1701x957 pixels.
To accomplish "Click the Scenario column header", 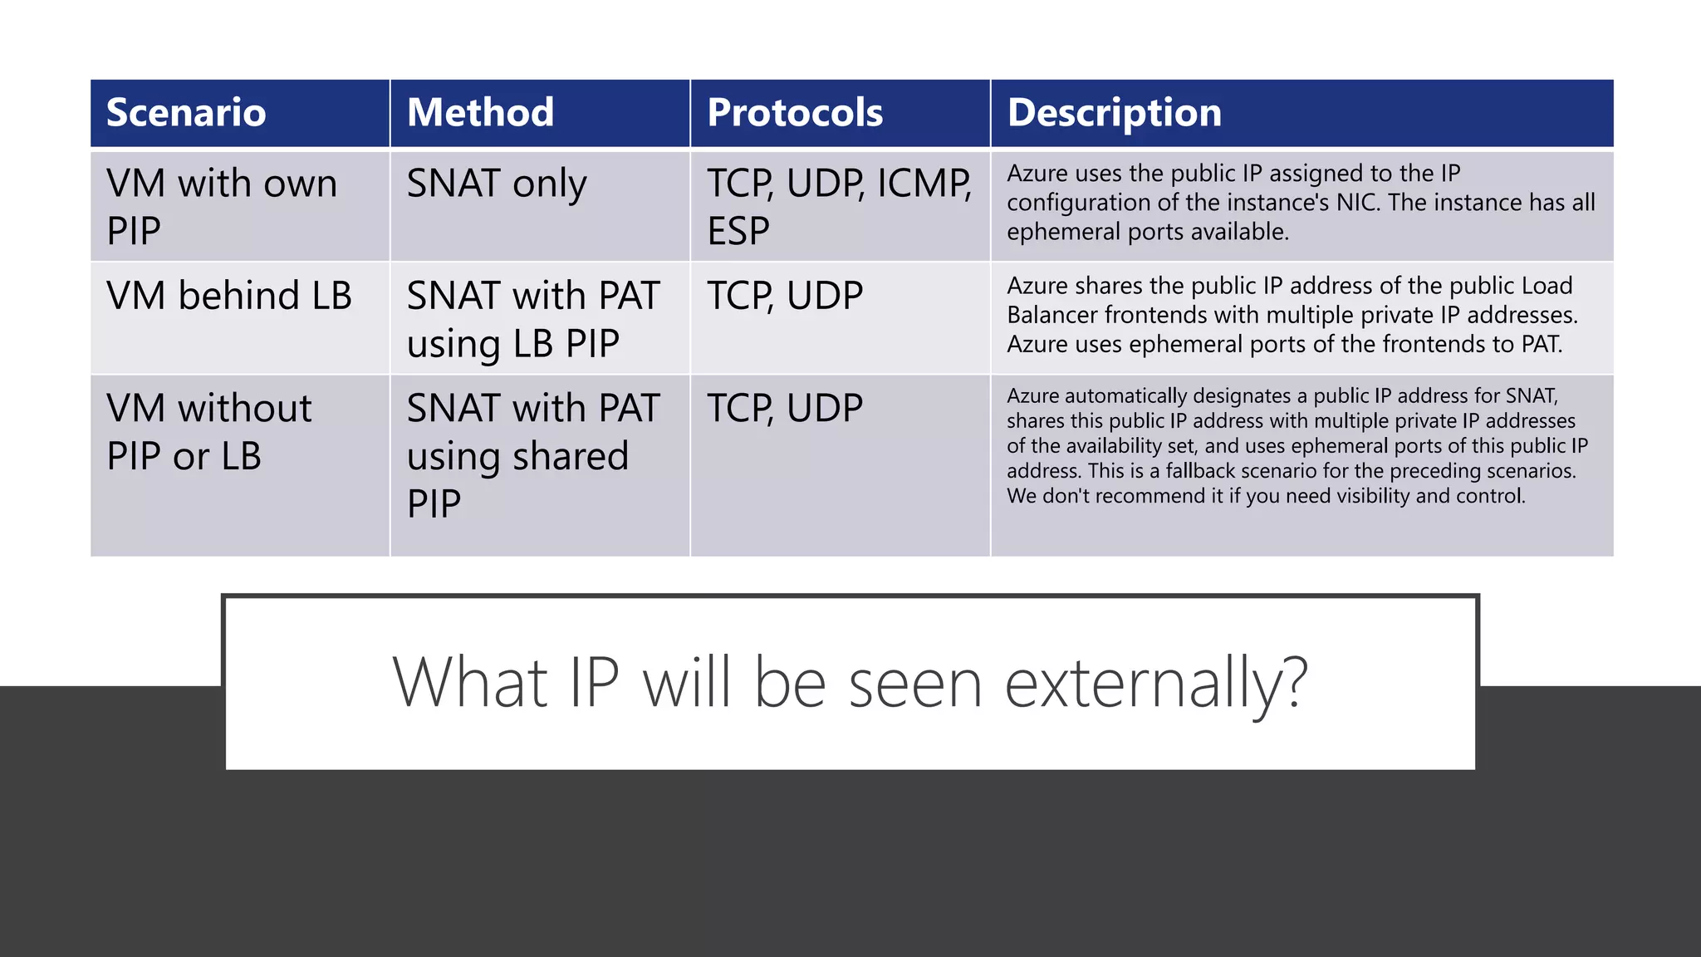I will [186, 113].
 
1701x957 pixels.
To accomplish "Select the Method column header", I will [480, 113].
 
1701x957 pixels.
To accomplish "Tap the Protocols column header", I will [795, 113].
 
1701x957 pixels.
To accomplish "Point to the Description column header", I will [1115, 113].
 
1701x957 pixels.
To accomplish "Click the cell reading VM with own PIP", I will [222, 206].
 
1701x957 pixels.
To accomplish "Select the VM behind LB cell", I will [229, 297].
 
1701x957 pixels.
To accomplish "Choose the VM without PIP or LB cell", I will [209, 432].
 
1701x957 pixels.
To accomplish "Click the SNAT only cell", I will [497, 184].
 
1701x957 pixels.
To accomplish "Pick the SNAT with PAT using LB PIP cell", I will [533, 319].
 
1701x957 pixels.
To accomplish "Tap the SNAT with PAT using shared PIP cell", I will [533, 455].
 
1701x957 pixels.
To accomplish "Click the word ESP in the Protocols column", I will [738, 231].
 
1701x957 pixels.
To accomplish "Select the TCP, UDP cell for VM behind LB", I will [785, 297].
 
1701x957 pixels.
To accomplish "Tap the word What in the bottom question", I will [469, 682].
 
